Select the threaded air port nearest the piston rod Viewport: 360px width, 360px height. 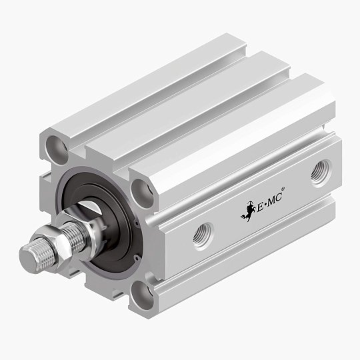tap(203, 235)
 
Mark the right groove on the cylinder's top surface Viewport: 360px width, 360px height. tap(220, 117)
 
